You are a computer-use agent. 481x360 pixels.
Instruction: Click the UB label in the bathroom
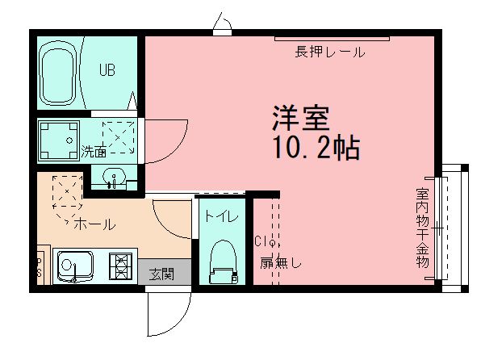107,70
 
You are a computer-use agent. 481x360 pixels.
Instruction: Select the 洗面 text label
94,151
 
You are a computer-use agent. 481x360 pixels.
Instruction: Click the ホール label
94,224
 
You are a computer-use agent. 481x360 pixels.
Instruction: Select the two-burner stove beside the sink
121,266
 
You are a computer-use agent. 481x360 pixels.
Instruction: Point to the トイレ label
220,216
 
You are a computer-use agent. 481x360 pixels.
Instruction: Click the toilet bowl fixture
220,263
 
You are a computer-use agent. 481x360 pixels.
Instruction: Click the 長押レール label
329,53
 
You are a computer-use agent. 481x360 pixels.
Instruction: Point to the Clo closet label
266,241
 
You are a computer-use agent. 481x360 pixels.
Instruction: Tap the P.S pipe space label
38,266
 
